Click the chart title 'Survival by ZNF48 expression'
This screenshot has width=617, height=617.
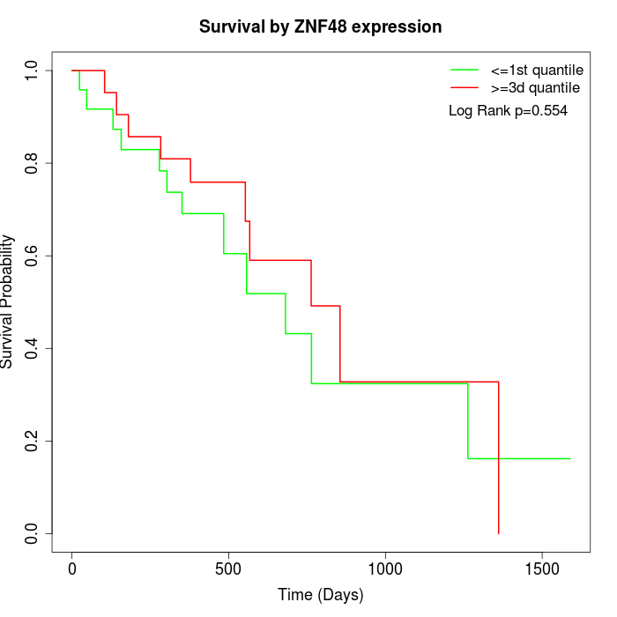[320, 26]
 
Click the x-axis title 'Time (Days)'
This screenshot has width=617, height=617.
[320, 595]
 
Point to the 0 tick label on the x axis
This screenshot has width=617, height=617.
[72, 569]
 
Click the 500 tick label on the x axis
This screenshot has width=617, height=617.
[228, 569]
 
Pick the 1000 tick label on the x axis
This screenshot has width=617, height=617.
[385, 569]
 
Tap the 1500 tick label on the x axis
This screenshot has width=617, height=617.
[541, 569]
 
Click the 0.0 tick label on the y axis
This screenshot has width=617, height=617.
[33, 533]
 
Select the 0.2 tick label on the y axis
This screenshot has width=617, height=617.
[33, 441]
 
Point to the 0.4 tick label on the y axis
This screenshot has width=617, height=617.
[33, 348]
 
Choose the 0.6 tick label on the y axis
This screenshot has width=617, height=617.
[33, 256]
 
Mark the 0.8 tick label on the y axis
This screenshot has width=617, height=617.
[33, 163]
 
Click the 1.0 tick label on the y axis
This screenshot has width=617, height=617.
[33, 71]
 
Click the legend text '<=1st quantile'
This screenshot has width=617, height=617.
[537, 70]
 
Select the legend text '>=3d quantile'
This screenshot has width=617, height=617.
[535, 87]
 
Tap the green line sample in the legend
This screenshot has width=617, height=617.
[464, 70]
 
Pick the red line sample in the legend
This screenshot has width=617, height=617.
[464, 87]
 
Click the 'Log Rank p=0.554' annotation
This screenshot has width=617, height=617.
[508, 111]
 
